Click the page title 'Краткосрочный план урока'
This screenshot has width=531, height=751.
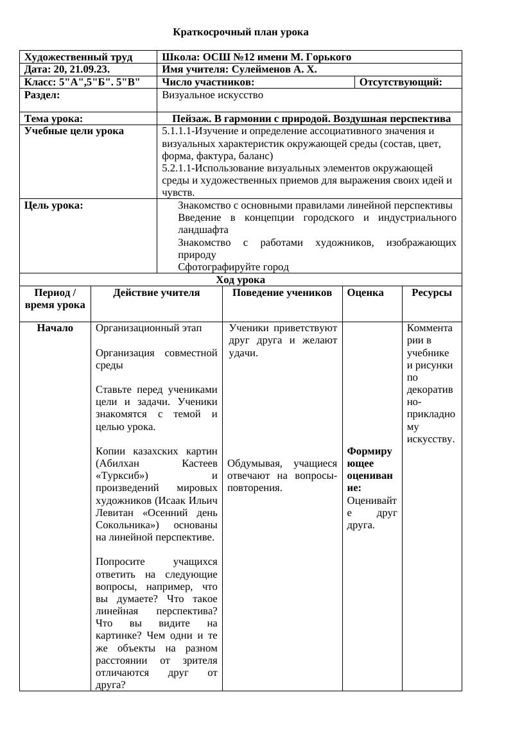pos(241,32)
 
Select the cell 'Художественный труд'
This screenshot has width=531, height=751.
pos(78,57)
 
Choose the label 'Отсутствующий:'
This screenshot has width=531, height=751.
pos(401,82)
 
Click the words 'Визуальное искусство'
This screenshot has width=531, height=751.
pos(213,95)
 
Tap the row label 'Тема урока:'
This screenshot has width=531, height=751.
pos(53,119)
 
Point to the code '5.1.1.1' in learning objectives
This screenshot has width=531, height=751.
pos(177,131)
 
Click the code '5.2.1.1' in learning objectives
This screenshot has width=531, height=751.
pos(177,168)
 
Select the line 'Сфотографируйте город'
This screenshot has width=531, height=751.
pos(233,267)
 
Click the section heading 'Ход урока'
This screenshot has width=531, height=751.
pos(240,280)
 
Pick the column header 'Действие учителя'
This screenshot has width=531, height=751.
pos(156,293)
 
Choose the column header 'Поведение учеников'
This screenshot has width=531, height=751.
pos(282,293)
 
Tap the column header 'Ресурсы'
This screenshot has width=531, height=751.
pos(431,293)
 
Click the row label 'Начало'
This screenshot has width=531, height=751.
pos(55,328)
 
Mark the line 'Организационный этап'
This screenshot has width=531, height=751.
pos(148,328)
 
